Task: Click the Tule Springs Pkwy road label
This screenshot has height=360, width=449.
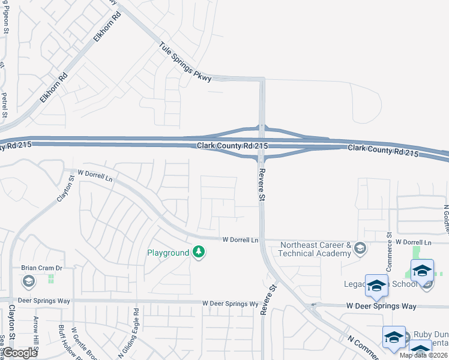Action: pos(185,62)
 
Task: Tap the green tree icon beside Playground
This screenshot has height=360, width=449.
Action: pos(199,253)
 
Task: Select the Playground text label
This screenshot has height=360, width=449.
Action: pos(168,253)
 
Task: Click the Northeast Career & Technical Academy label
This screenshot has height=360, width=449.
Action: pos(316,249)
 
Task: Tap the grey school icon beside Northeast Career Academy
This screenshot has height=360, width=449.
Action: pos(360,248)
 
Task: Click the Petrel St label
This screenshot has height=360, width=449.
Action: pos(4,104)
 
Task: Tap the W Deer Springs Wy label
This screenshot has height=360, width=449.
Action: pos(230,304)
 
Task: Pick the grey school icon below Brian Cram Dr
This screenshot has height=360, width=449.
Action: pos(28,281)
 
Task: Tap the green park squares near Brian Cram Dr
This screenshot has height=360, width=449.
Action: pos(51,279)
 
